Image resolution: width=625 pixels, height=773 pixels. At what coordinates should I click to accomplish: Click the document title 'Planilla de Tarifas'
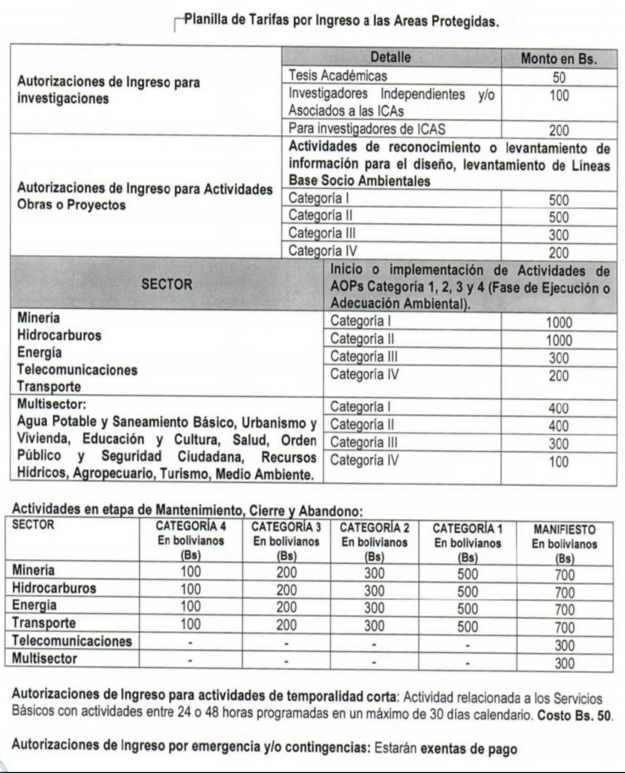click(341, 21)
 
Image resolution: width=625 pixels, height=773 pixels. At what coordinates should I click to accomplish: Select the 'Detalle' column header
click(390, 58)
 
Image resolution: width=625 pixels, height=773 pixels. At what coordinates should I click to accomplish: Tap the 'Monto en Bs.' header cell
click(559, 59)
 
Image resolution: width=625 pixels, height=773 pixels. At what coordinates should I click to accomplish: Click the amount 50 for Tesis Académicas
click(559, 77)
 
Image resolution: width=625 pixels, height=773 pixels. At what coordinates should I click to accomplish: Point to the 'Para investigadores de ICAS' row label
click(367, 129)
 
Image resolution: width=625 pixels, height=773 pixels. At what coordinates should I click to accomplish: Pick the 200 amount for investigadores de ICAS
click(559, 130)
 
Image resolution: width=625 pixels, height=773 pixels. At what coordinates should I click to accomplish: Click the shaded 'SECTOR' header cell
click(167, 284)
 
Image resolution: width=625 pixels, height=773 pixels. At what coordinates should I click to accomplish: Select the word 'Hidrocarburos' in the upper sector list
click(59, 335)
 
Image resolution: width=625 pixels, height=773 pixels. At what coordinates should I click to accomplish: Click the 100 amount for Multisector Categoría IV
click(559, 462)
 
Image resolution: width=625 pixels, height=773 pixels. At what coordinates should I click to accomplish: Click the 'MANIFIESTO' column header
click(564, 530)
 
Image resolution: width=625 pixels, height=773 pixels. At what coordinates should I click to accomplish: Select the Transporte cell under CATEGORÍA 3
click(286, 625)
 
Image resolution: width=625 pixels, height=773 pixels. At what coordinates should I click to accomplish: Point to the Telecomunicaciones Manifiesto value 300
click(564, 645)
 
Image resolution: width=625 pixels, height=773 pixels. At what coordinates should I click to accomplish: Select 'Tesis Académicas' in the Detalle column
click(338, 76)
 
